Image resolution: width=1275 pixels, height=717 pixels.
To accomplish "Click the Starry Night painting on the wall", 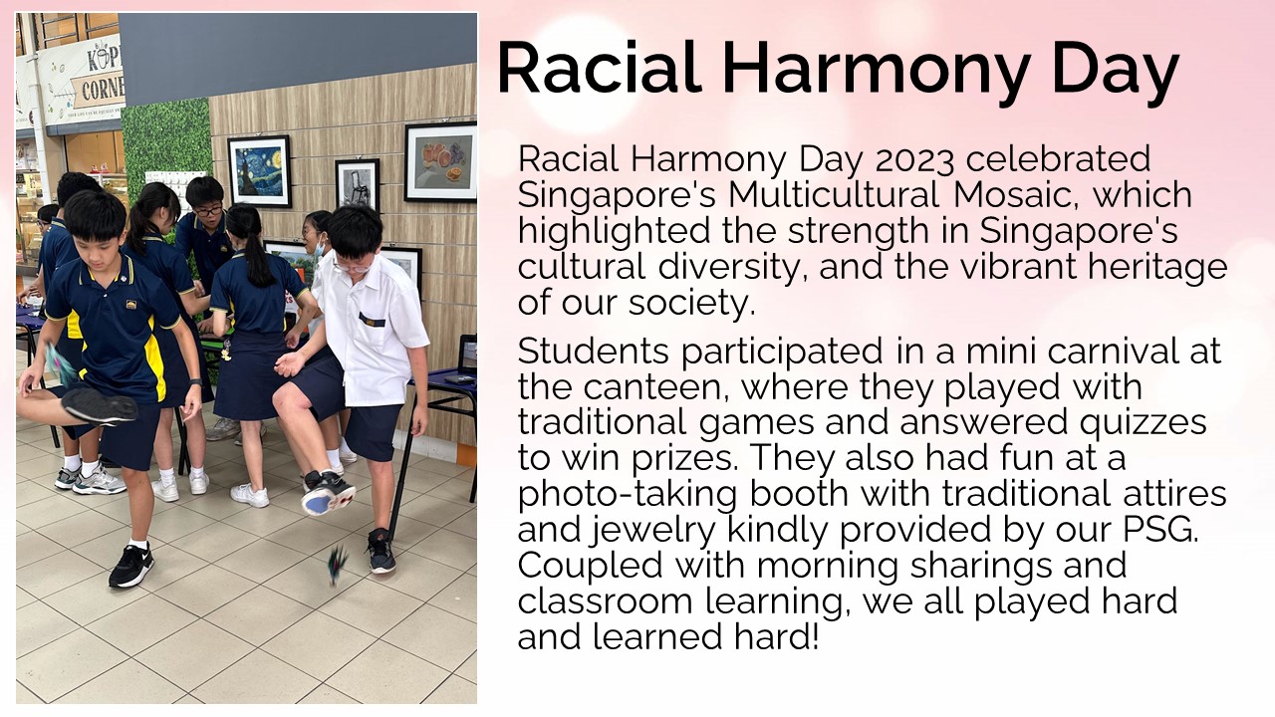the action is pyautogui.click(x=260, y=170).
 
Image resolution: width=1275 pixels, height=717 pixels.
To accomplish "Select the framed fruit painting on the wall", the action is pyautogui.click(x=440, y=161).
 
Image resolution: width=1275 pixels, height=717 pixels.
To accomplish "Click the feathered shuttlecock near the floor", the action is pyautogui.click(x=337, y=563).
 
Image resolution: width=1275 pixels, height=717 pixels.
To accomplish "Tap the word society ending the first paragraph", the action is pyautogui.click(x=691, y=304).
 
